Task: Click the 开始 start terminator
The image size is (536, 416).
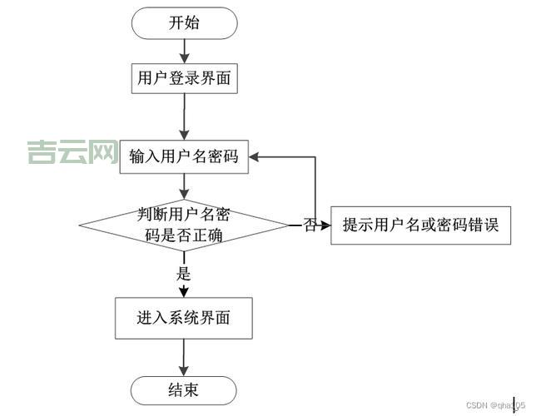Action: pyautogui.click(x=184, y=23)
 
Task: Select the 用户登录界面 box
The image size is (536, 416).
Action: pyautogui.click(x=184, y=79)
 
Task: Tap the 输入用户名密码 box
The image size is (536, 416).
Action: pyautogui.click(x=184, y=156)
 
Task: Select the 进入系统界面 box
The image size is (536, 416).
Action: pyautogui.click(x=184, y=318)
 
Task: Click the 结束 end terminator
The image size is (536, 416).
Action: pyautogui.click(x=184, y=389)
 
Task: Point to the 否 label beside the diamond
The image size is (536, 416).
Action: pyautogui.click(x=310, y=225)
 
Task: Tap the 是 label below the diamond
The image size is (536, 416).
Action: pyautogui.click(x=184, y=272)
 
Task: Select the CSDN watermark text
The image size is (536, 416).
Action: pyautogui.click(x=495, y=405)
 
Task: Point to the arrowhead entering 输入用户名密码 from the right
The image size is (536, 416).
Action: pyautogui.click(x=257, y=156)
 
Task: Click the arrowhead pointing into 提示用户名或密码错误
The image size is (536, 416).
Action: pyautogui.click(x=325, y=225)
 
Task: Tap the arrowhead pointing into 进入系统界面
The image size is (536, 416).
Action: pyautogui.click(x=184, y=291)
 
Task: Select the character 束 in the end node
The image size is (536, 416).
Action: pyautogui.click(x=192, y=389)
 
